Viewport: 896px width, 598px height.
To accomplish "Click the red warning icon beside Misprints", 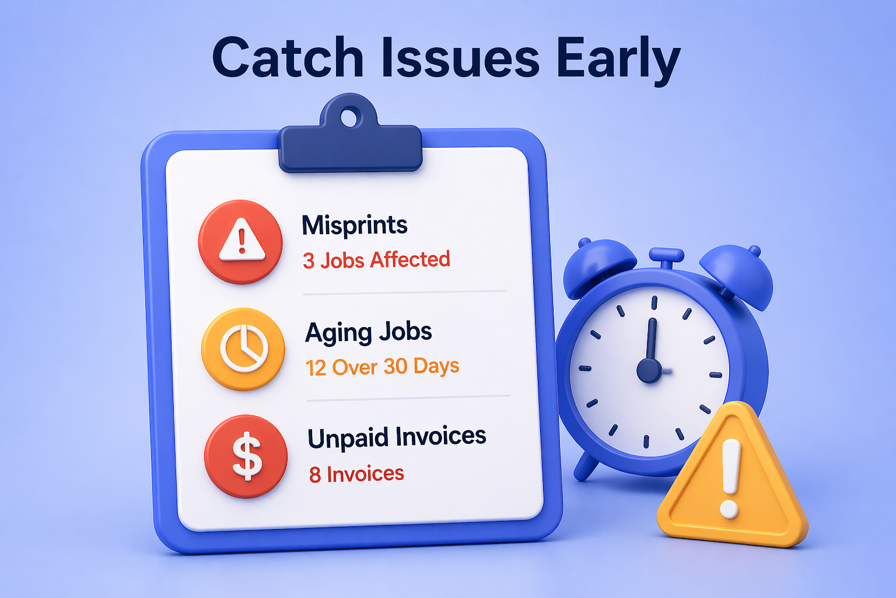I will click(x=240, y=242).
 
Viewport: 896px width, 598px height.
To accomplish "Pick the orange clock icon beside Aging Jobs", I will click(x=243, y=349).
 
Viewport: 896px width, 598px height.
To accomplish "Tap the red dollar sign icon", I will click(x=246, y=456).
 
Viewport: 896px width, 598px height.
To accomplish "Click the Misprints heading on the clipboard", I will click(x=354, y=225).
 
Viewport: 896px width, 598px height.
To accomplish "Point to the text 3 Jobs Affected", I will click(x=376, y=260).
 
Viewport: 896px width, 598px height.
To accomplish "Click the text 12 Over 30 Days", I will click(x=382, y=367).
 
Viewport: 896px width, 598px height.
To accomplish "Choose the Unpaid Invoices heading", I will click(x=397, y=437).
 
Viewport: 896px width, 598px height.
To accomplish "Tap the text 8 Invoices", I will click(x=356, y=474).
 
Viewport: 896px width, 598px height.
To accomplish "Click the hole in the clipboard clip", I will click(x=349, y=117).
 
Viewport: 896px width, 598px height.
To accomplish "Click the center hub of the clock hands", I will click(x=649, y=371).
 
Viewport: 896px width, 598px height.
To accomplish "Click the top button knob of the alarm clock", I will click(x=666, y=255).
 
